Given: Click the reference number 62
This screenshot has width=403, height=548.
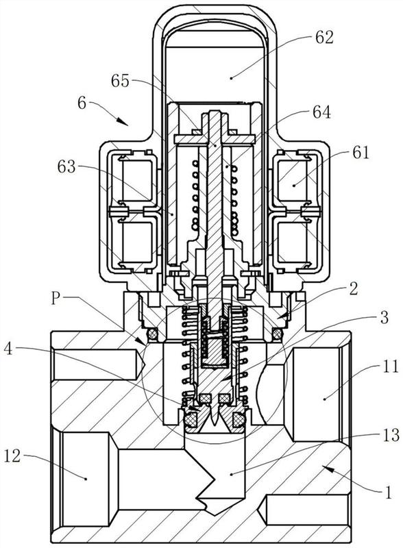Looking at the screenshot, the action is pyautogui.click(x=324, y=38).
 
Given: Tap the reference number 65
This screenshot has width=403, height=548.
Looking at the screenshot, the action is pyautogui.click(x=121, y=81).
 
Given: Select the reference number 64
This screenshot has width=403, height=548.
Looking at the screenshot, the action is pyautogui.click(x=321, y=113).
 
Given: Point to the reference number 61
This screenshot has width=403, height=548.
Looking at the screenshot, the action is pyautogui.click(x=361, y=153).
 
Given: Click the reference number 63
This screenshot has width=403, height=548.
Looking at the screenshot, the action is pyautogui.click(x=66, y=167).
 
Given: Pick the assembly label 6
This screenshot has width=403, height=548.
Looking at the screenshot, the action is pyautogui.click(x=82, y=103).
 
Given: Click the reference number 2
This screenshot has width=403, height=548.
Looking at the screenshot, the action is pyautogui.click(x=354, y=289).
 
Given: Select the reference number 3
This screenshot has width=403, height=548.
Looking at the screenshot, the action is pyautogui.click(x=384, y=317).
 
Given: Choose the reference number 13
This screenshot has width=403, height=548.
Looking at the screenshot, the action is pyautogui.click(x=391, y=435).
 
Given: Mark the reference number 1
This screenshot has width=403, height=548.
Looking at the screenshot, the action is pyautogui.click(x=388, y=493).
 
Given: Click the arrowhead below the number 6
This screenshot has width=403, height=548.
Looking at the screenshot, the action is pyautogui.click(x=122, y=121).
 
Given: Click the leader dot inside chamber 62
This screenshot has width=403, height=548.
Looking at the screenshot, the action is pyautogui.click(x=231, y=78).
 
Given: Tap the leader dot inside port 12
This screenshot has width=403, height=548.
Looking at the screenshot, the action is pyautogui.click(x=86, y=478).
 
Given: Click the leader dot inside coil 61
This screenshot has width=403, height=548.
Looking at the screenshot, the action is pyautogui.click(x=294, y=185).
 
